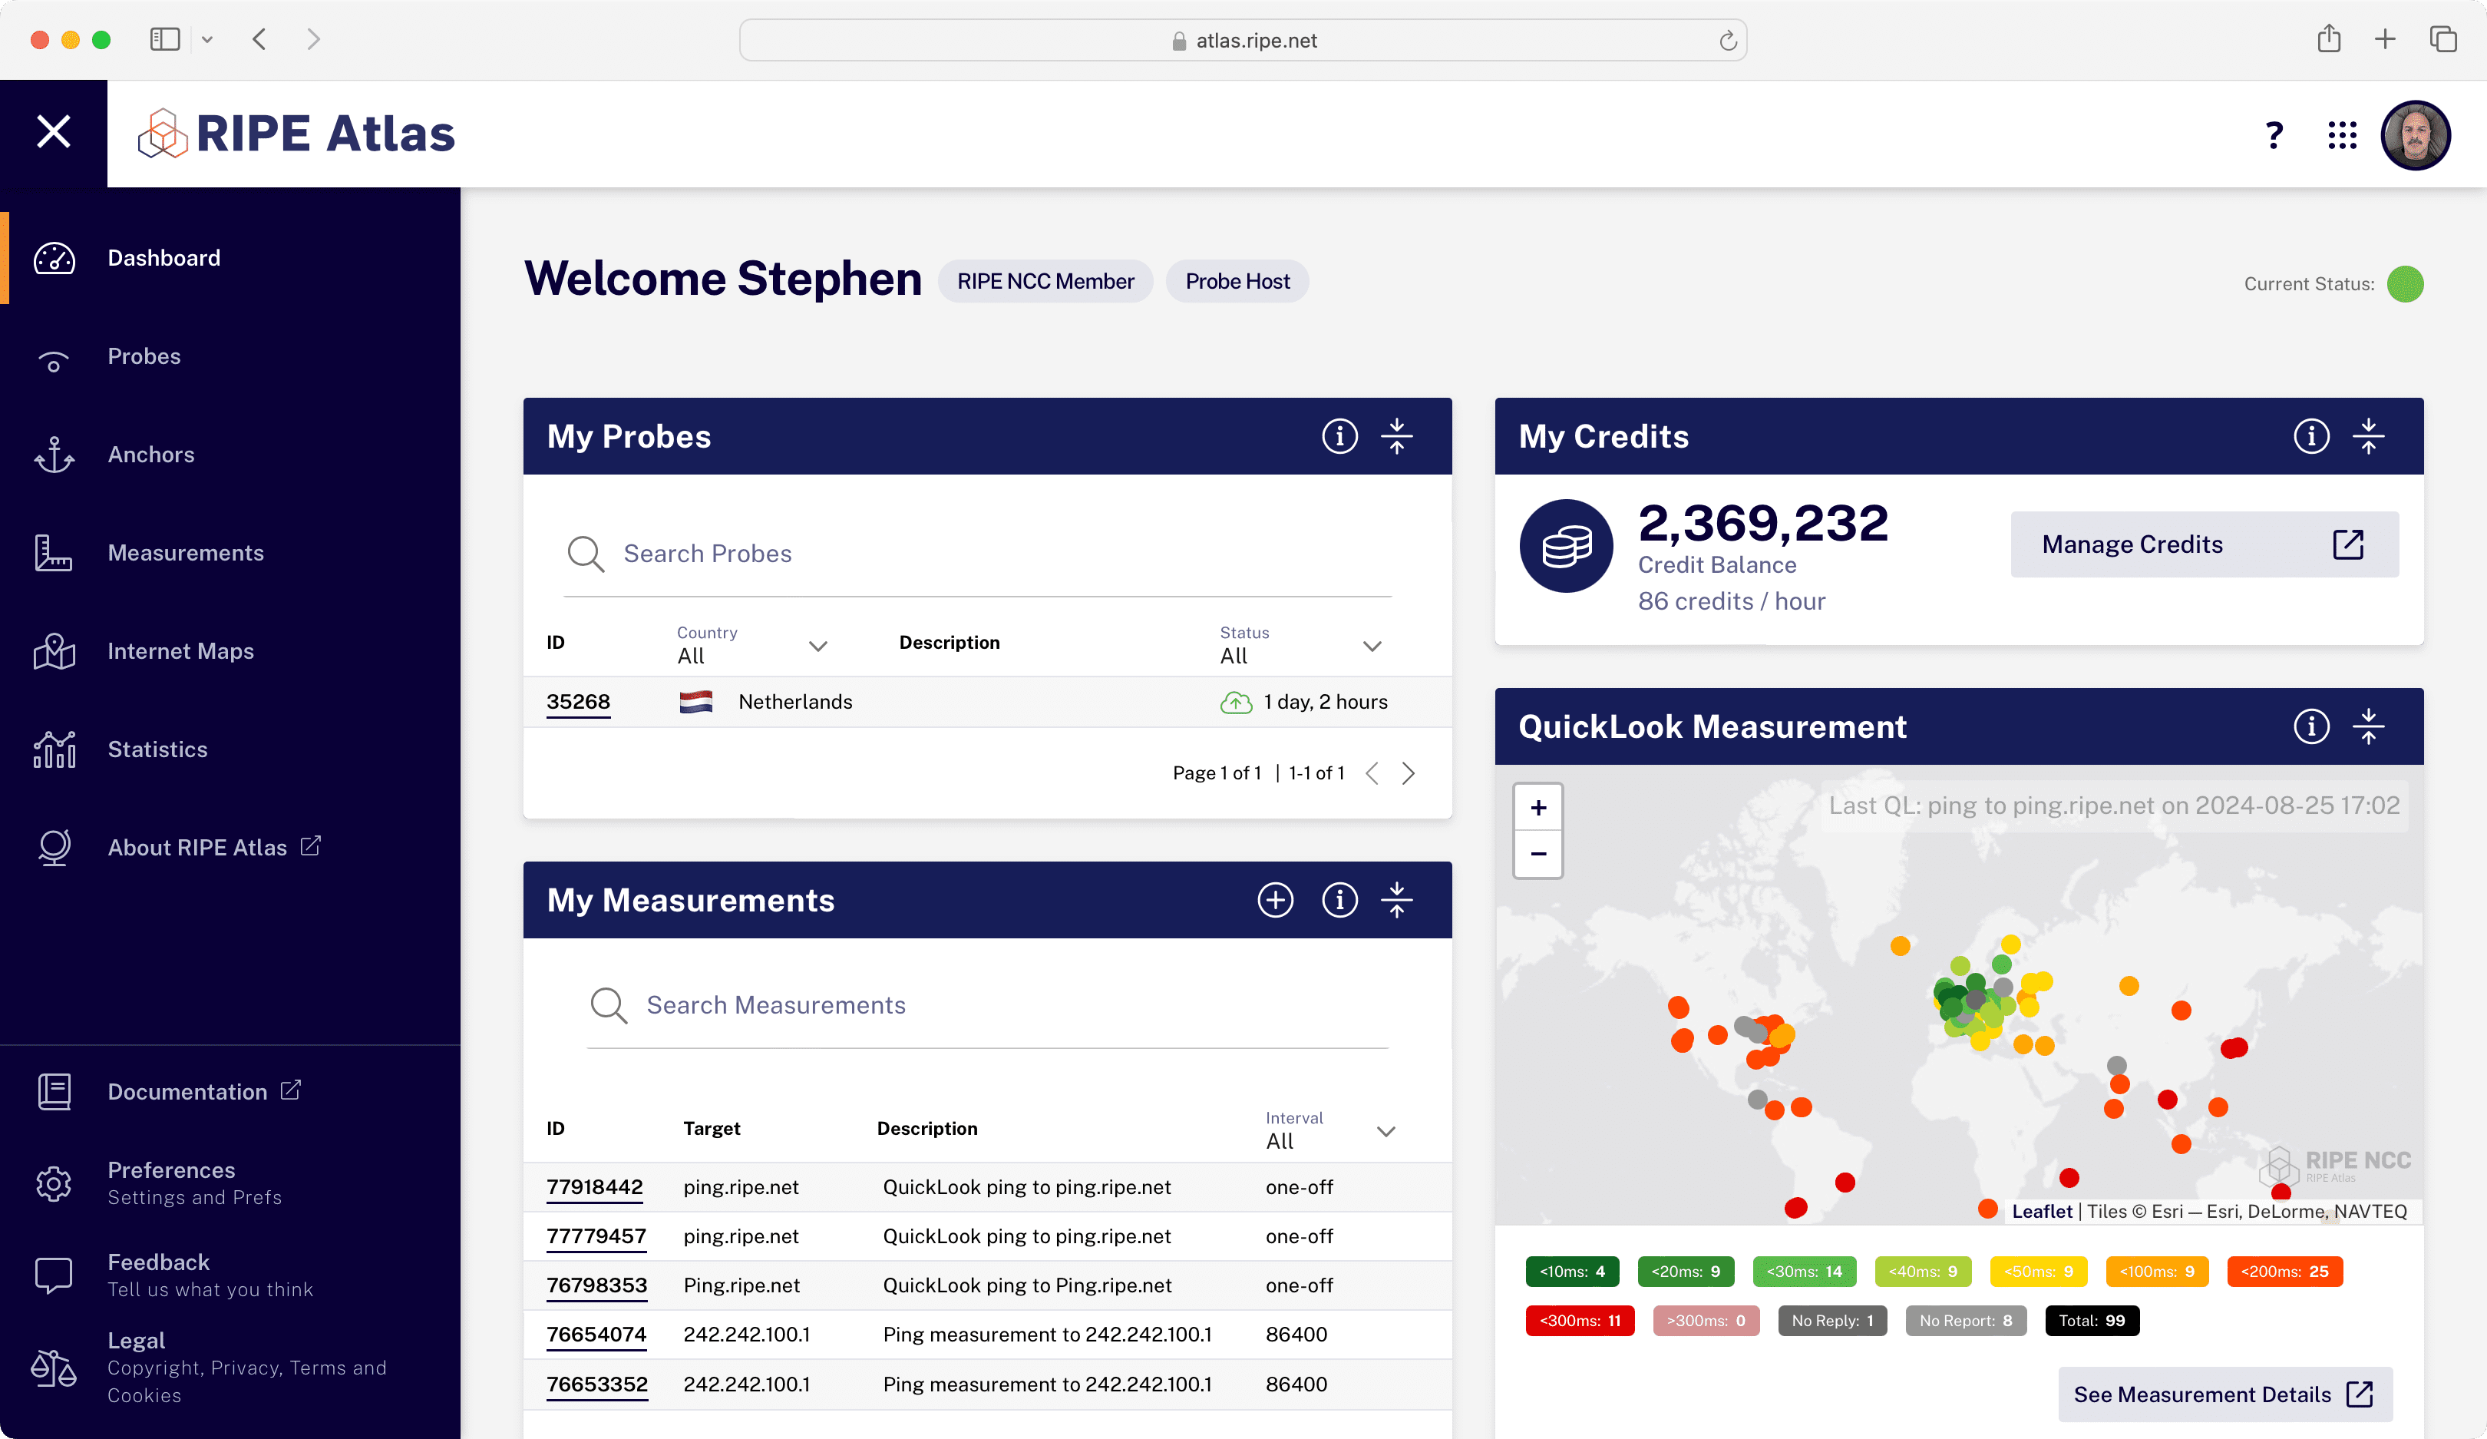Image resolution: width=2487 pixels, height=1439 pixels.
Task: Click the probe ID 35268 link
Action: coord(577,702)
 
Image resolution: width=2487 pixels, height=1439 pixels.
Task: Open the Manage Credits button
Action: coord(2203,544)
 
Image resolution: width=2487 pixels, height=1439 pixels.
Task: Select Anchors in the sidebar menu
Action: coord(151,455)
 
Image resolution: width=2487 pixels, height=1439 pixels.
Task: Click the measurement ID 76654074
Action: coord(596,1335)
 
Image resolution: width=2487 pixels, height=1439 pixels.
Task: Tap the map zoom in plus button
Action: coord(1537,809)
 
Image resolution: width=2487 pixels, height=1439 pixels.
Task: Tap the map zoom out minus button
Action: coord(1537,854)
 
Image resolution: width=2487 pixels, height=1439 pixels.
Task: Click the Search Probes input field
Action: coord(977,554)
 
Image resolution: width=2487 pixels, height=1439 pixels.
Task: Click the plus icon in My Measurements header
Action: coord(1275,900)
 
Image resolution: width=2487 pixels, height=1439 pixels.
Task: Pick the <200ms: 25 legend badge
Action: coord(2284,1271)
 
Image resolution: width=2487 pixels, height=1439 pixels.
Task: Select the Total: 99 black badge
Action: coord(2091,1321)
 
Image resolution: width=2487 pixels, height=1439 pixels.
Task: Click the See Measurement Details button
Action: coord(2224,1394)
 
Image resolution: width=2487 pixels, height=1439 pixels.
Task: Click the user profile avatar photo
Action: coord(2414,135)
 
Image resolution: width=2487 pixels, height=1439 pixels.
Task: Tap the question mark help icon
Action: coord(2274,135)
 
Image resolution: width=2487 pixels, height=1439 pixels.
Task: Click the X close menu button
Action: coord(53,131)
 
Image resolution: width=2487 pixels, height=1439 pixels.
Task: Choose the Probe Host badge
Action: coord(1237,281)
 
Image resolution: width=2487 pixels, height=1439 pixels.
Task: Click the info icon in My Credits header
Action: coord(2310,436)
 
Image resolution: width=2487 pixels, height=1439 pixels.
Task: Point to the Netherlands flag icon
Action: coord(695,702)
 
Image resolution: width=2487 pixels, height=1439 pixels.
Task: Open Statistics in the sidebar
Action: coord(157,750)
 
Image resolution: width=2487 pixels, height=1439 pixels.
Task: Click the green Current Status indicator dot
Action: coord(2404,284)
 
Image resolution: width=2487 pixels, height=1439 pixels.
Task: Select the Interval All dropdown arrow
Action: coord(1386,1131)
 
